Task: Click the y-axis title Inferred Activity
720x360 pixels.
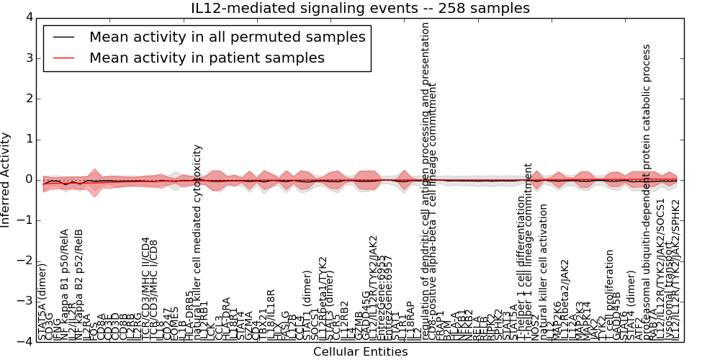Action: click(6, 179)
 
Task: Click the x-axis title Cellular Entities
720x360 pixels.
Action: click(360, 351)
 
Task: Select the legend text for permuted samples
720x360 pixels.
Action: click(228, 37)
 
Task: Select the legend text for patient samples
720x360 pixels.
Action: click(207, 58)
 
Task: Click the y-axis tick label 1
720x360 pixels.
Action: click(28, 139)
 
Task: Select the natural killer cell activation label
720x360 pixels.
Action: click(544, 271)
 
